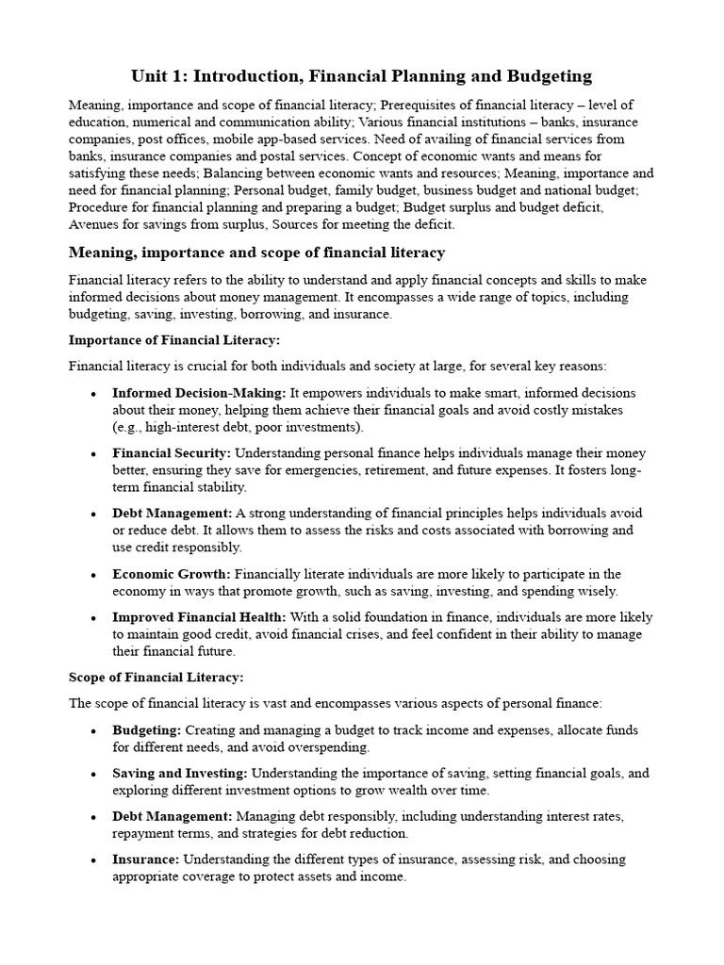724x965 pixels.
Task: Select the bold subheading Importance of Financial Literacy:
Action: point(174,339)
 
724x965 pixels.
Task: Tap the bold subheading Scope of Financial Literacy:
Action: point(156,677)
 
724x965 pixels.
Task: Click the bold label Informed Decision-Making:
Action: point(199,393)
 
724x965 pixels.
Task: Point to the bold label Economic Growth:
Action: point(172,574)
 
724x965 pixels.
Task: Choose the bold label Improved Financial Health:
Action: point(199,617)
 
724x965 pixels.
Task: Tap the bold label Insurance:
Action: point(146,859)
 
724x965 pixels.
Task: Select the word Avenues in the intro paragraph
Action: point(94,223)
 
